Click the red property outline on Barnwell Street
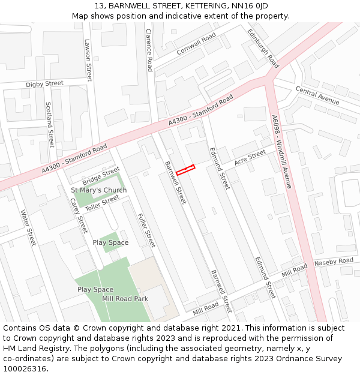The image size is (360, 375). [x=185, y=170]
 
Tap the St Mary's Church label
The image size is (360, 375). [x=99, y=190]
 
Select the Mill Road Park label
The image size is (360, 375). [x=125, y=299]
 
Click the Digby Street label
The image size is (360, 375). [x=44, y=84]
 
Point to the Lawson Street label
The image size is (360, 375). [x=88, y=60]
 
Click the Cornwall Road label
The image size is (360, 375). [x=196, y=44]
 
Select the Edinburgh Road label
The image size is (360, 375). [x=263, y=49]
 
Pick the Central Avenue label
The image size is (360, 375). [x=317, y=95]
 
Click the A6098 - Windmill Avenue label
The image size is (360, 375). [x=281, y=152]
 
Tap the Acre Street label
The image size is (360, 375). [x=250, y=158]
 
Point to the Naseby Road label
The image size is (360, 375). [x=334, y=262]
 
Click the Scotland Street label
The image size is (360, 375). [x=50, y=124]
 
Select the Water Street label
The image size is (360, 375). [x=28, y=227]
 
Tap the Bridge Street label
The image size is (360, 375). [x=101, y=176]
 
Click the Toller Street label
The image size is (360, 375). [x=102, y=203]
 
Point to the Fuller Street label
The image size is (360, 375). [x=146, y=230]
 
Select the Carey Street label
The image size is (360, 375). [x=79, y=215]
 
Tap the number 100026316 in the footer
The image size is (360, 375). [x=25, y=368]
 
